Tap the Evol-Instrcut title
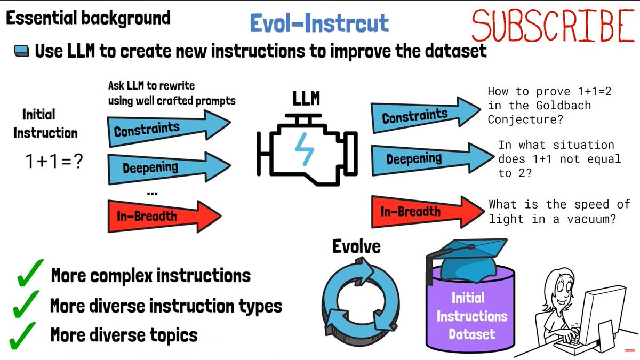pyautogui.click(x=319, y=23)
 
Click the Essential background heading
pyautogui.click(x=88, y=18)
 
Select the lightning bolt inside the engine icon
pyautogui.click(x=306, y=149)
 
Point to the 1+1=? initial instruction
pyautogui.click(x=54, y=162)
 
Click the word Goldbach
pyautogui.click(x=566, y=105)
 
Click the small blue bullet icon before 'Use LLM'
pyautogui.click(x=21, y=51)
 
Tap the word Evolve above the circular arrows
pyautogui.click(x=357, y=246)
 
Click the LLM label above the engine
pyautogui.click(x=306, y=100)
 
